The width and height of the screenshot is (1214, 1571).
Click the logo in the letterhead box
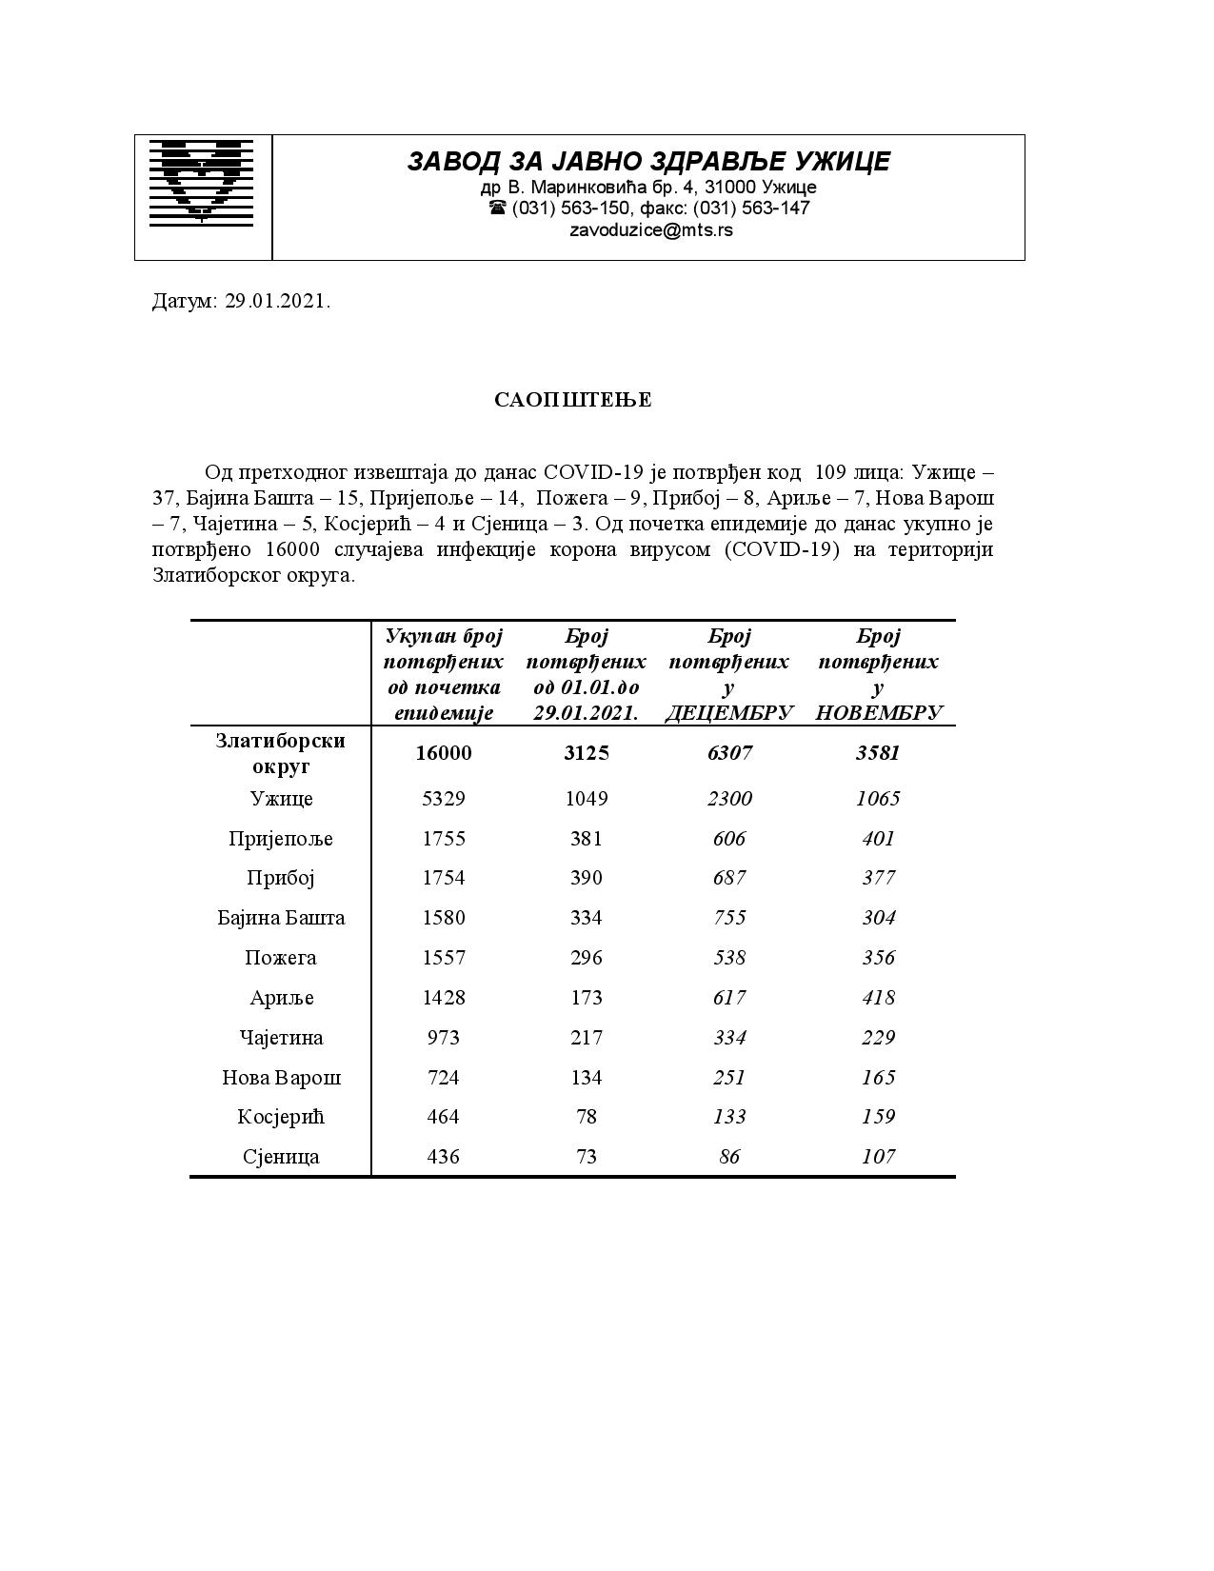[x=202, y=182]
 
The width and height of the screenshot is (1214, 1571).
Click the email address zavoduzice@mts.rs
[x=650, y=230]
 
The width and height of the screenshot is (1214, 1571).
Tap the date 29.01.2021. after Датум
[x=278, y=302]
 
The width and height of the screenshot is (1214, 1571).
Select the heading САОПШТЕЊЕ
[x=573, y=400]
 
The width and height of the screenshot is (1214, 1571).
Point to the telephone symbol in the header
[x=497, y=208]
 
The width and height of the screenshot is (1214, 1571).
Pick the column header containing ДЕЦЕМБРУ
[x=728, y=674]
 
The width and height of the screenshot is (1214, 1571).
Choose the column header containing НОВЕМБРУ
[x=878, y=674]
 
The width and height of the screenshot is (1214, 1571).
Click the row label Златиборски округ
[x=281, y=753]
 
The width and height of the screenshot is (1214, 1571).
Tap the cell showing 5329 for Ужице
[x=444, y=799]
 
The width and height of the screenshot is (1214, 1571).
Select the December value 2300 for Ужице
[x=729, y=799]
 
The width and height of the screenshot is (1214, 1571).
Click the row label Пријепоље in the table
[x=281, y=839]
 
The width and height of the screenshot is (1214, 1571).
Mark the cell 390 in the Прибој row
[x=587, y=878]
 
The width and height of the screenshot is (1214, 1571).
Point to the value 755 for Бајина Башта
[x=729, y=918]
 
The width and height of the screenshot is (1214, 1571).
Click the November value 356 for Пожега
[x=878, y=958]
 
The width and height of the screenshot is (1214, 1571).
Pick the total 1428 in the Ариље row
[x=444, y=998]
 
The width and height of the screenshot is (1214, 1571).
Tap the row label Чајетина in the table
[x=281, y=1038]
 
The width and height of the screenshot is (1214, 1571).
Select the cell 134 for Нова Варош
[x=587, y=1078]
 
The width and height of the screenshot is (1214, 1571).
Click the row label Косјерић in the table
[x=281, y=1117]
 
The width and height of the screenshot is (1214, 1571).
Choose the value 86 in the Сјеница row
[x=729, y=1157]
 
